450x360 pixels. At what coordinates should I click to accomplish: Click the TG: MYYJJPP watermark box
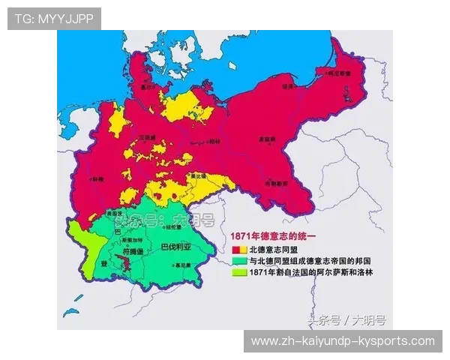pyautogui.click(x=53, y=18)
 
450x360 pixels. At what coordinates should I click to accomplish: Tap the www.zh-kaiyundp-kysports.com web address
pyautogui.click(x=343, y=341)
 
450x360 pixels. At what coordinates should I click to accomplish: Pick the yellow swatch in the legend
pyautogui.click(x=242, y=249)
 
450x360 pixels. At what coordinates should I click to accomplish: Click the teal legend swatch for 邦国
pyautogui.click(x=237, y=261)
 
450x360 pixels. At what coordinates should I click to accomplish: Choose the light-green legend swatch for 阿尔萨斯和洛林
pyautogui.click(x=237, y=273)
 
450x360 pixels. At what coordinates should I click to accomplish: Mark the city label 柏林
pyautogui.click(x=214, y=141)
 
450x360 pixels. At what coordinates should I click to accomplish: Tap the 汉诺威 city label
pyautogui.click(x=146, y=137)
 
